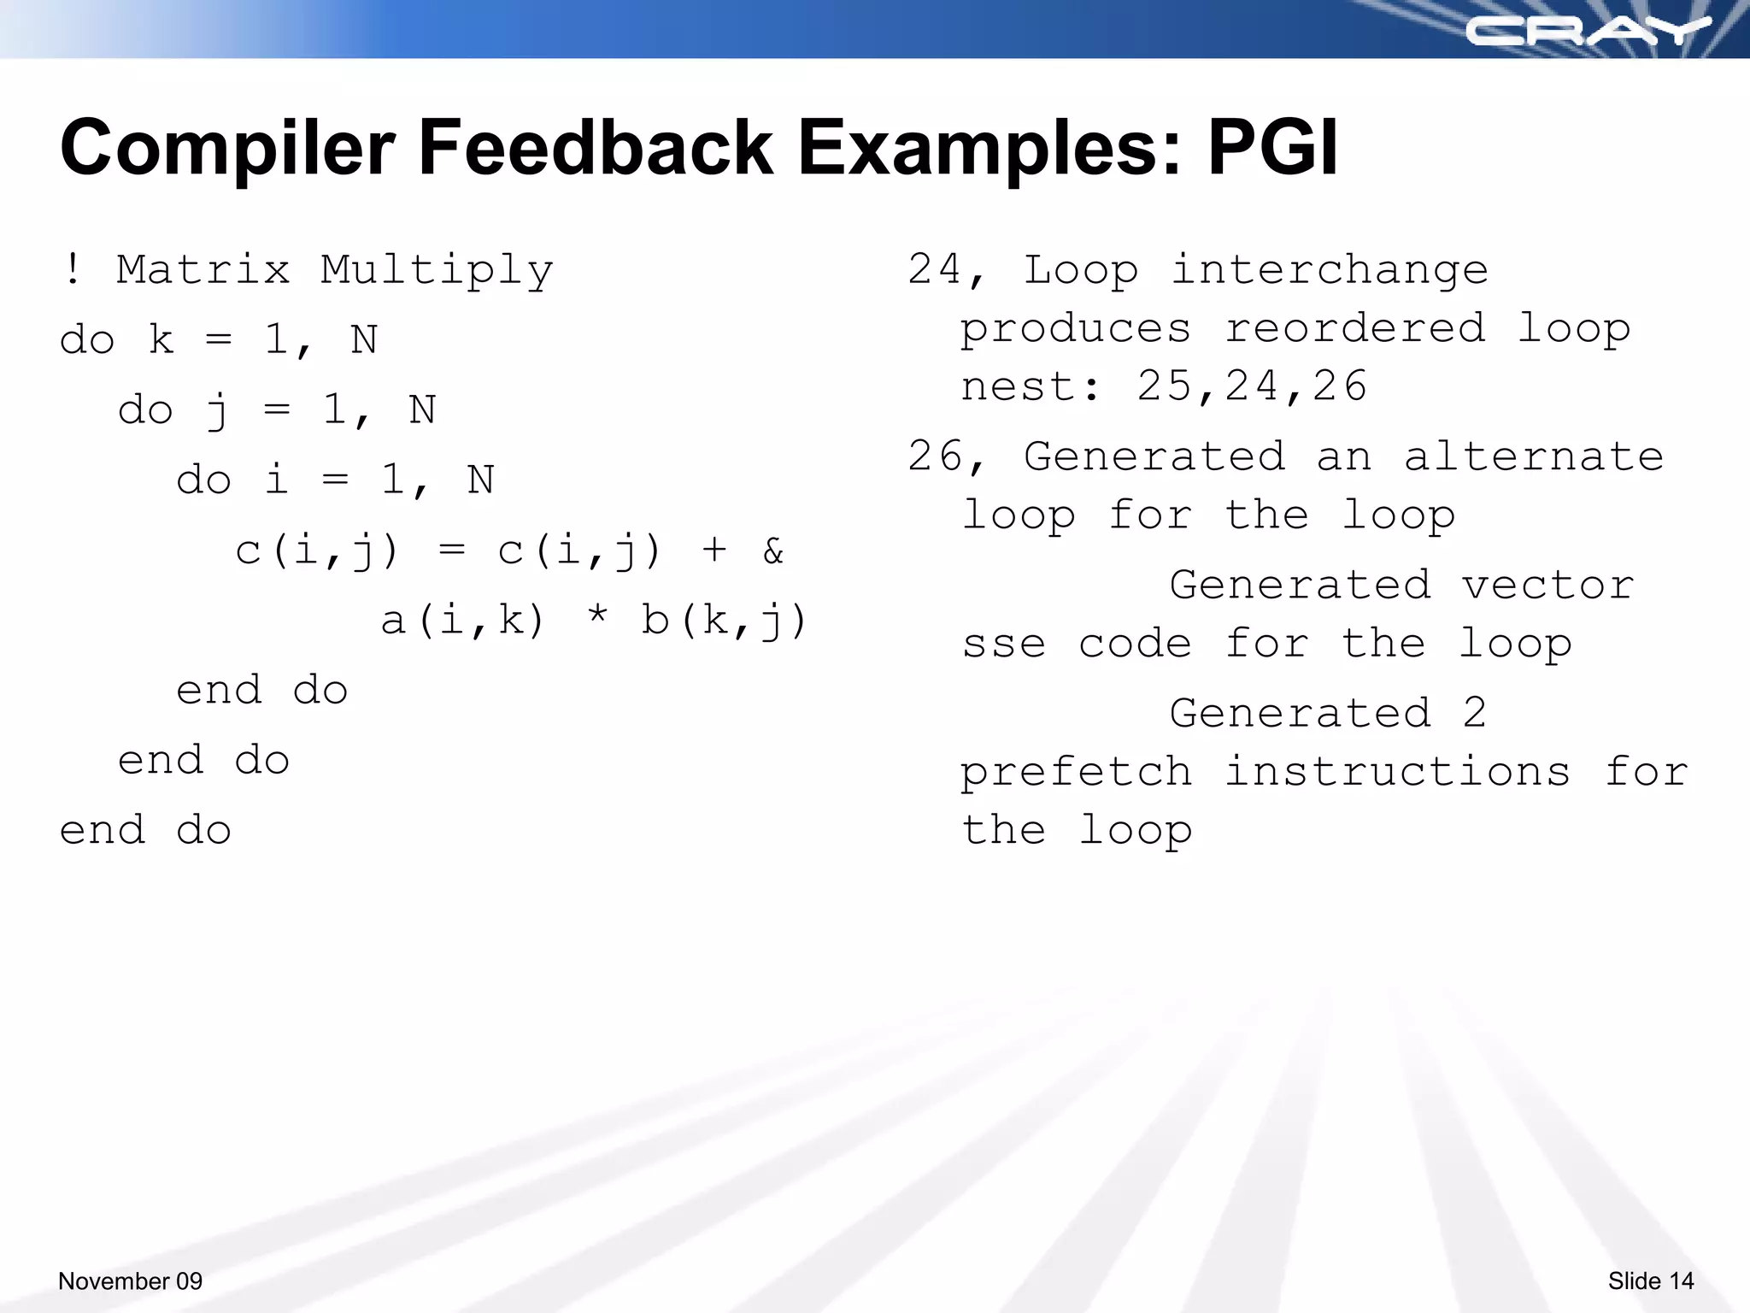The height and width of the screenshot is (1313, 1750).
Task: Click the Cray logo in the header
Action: pos(1588,32)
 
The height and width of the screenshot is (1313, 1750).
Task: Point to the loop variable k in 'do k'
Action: pos(161,340)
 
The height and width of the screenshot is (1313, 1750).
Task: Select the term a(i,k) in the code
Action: pos(462,621)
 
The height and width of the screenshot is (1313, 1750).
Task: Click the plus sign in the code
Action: pos(714,550)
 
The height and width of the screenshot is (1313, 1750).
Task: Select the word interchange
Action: pos(1330,270)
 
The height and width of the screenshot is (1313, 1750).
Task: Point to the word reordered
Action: pos(1355,328)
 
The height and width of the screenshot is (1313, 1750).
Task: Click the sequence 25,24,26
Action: pos(1253,386)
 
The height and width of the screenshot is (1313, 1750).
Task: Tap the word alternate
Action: pos(1533,456)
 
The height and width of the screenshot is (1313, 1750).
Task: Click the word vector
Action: pos(1547,586)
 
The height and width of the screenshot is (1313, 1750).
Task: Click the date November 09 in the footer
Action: pos(130,1281)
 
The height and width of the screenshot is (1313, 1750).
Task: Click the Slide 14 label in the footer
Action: pos(1650,1281)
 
